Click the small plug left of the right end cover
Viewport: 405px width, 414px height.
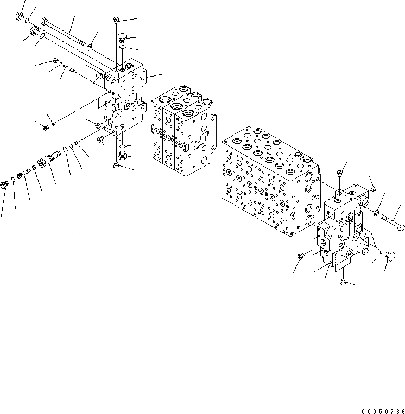pos(300,256)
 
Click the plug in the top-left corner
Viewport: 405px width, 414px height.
pos(21,17)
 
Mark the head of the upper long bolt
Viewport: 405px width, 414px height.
pos(45,23)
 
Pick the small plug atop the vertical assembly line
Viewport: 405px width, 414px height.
pos(117,21)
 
